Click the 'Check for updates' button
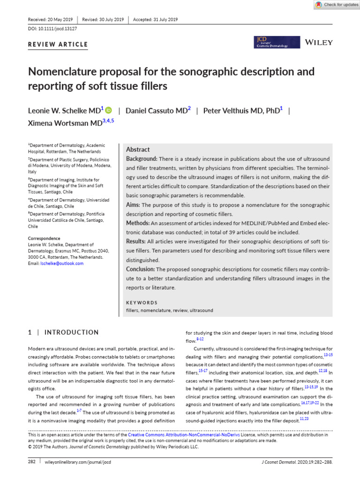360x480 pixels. (336, 5)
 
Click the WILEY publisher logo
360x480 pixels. (319, 42)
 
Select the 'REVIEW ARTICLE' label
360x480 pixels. (59, 45)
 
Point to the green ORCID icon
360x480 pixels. (109, 111)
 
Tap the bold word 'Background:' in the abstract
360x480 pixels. (142, 159)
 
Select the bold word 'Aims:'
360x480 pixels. (133, 205)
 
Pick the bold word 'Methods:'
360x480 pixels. (138, 223)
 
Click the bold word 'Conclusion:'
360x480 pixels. (141, 269)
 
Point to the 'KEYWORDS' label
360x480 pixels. (142, 303)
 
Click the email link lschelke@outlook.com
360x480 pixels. (56, 263)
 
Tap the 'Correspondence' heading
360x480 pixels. (44, 238)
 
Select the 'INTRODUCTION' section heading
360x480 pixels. (71, 332)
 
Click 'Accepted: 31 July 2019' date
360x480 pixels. (156, 20)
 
